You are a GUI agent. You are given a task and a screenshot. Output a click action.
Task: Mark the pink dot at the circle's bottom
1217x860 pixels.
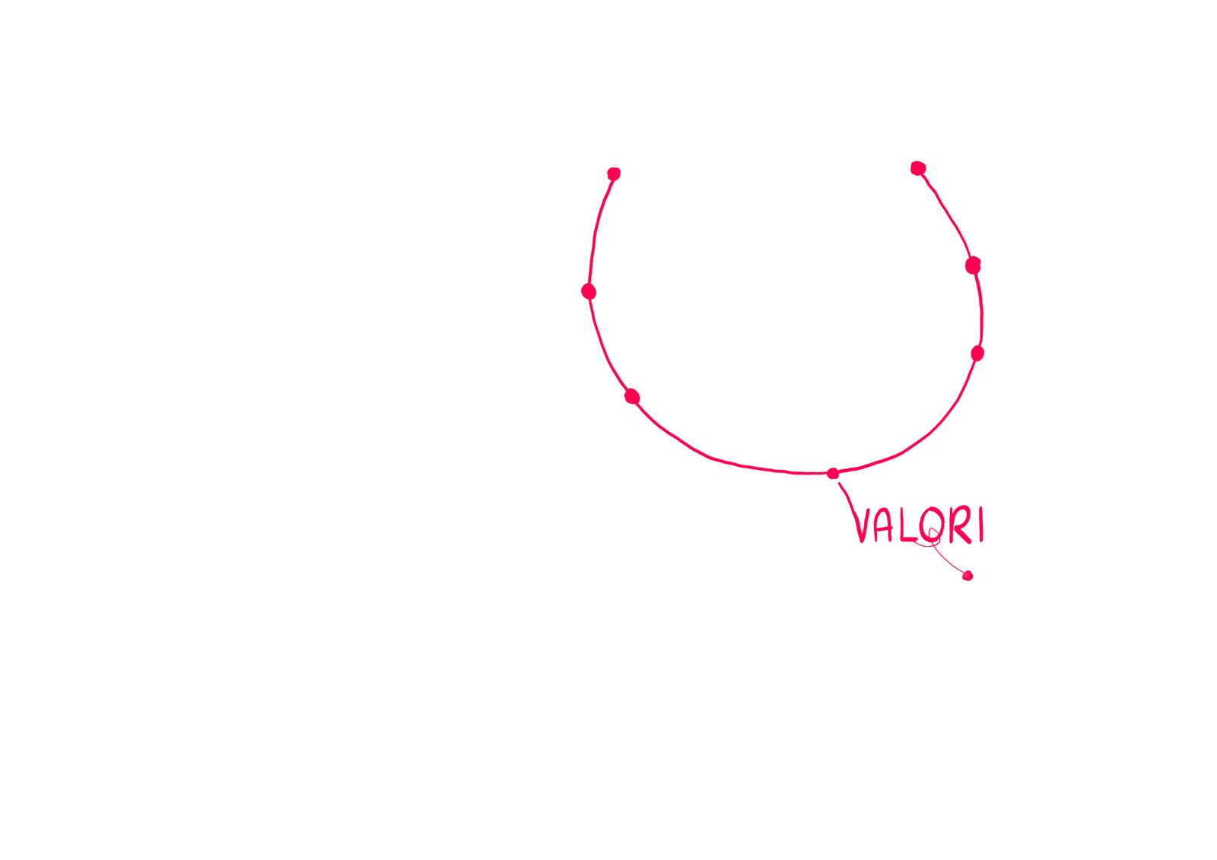click(834, 474)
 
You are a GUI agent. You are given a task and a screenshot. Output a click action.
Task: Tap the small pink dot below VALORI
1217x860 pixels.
click(968, 576)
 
